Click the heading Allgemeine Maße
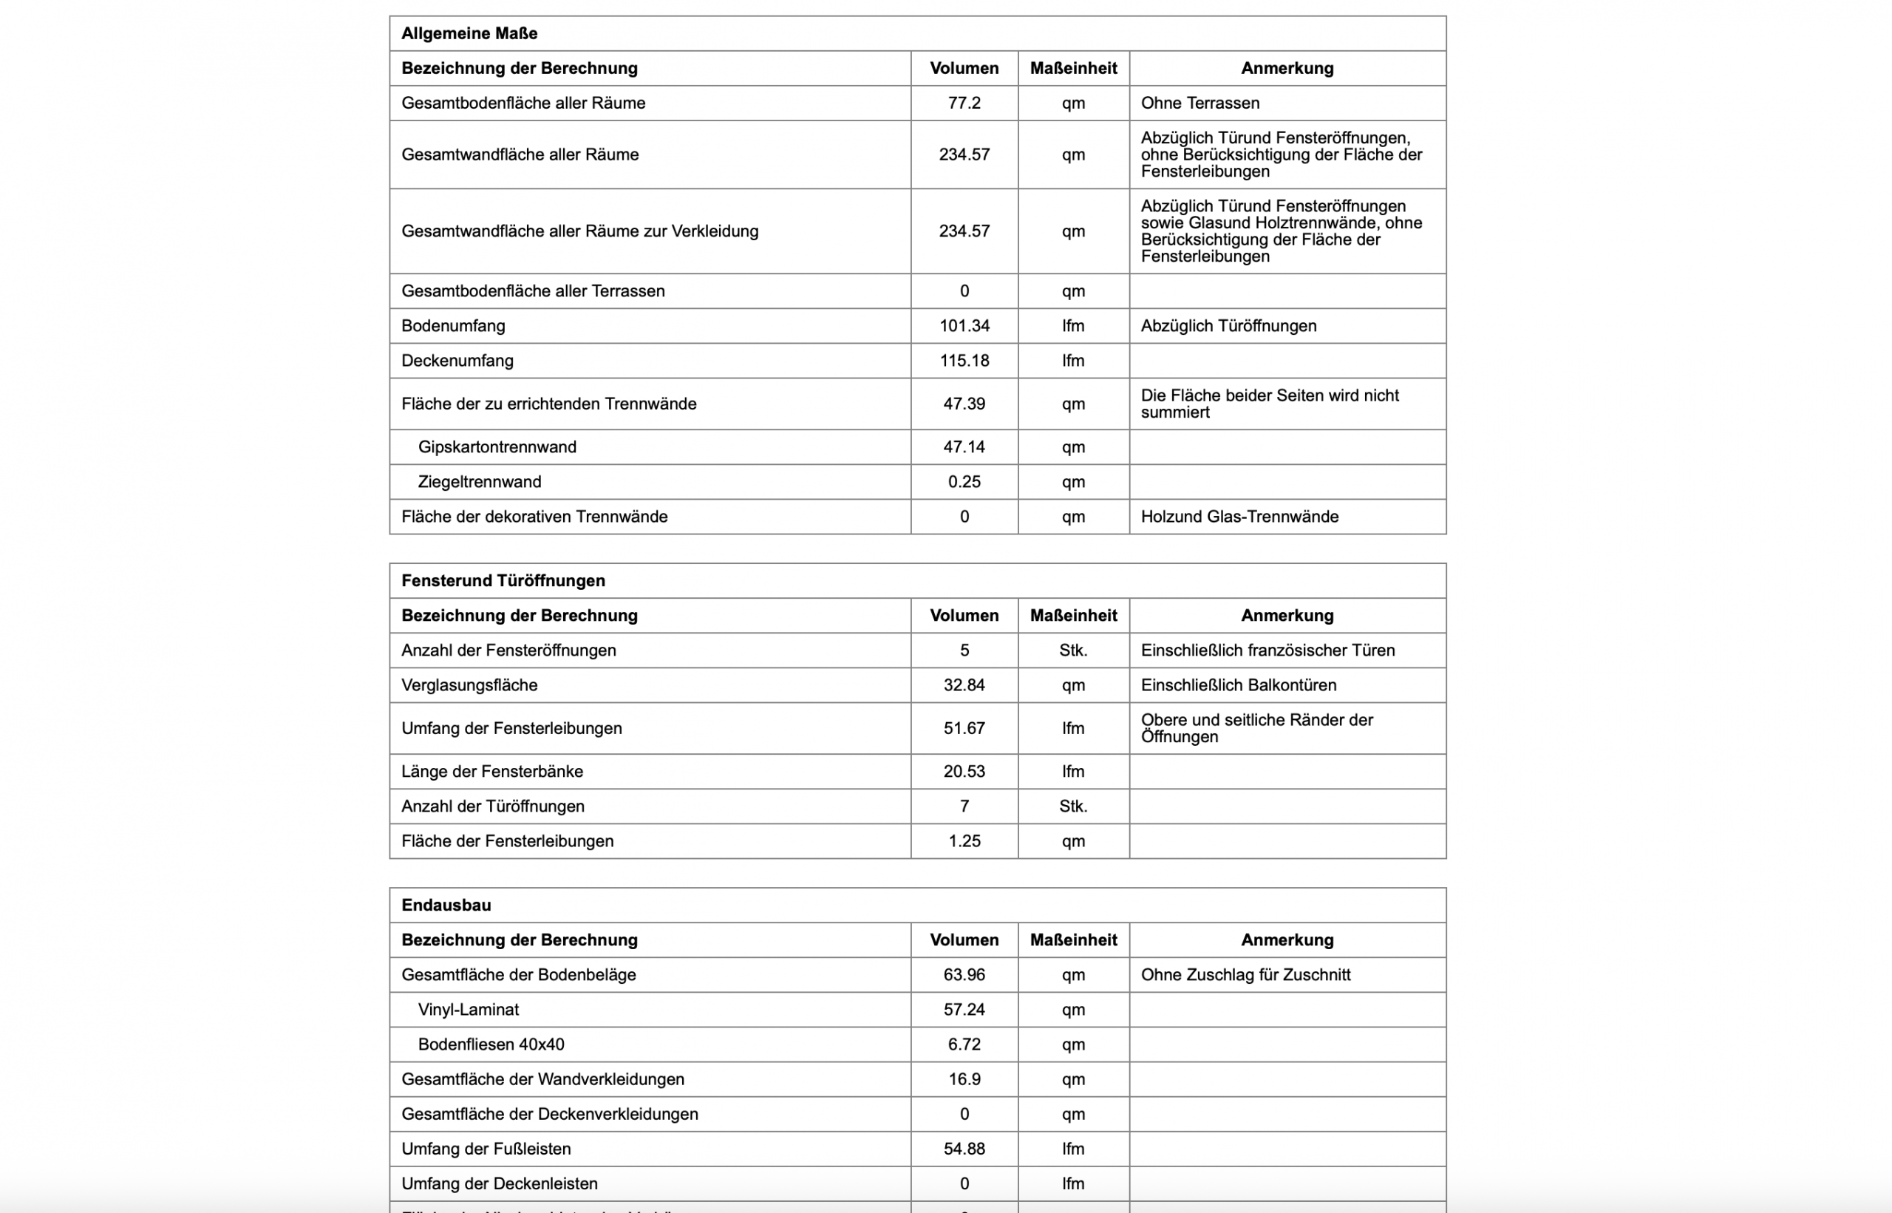tap(469, 34)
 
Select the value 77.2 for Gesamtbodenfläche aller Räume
tap(964, 103)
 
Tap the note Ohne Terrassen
tap(1200, 103)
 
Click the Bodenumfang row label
tap(454, 326)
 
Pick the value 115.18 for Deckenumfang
tap(964, 361)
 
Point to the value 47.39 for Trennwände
tap(964, 404)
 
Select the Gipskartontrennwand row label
tap(497, 447)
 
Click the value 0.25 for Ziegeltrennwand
tap(964, 482)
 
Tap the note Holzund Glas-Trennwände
tap(1239, 517)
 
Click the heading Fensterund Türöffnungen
tap(503, 580)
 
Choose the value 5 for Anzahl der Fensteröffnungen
tap(964, 650)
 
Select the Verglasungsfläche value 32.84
tap(964, 685)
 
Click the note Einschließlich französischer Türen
tap(1267, 650)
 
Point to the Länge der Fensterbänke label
tap(492, 772)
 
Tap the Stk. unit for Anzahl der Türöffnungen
tap(1072, 806)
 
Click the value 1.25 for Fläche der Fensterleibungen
tap(964, 841)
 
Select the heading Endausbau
tap(446, 905)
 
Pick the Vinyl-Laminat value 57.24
tap(964, 1010)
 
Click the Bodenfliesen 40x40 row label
tap(491, 1044)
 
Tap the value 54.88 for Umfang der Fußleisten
tap(964, 1149)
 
